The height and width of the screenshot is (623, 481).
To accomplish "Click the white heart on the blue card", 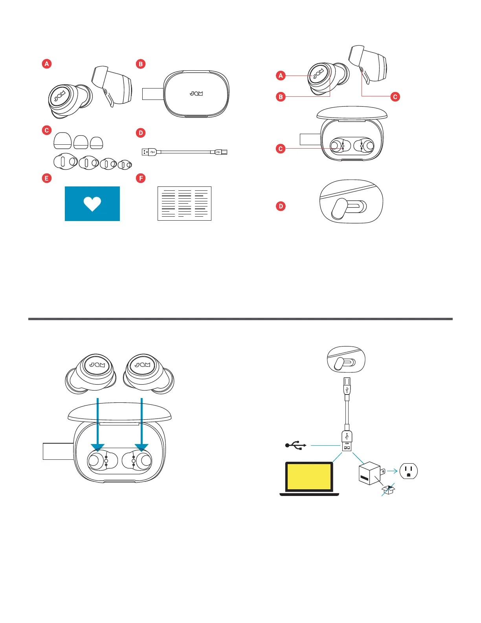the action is [x=92, y=204].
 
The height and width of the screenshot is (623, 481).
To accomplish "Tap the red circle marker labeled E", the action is [x=47, y=178].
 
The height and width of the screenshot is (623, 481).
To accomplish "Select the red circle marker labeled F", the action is [x=140, y=178].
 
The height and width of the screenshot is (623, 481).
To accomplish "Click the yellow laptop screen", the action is [x=309, y=477].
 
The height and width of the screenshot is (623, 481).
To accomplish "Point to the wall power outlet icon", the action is [x=409, y=470].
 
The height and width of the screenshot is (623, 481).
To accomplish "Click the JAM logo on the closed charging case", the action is [x=196, y=94].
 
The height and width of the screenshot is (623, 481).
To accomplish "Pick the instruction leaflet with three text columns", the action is [x=184, y=203].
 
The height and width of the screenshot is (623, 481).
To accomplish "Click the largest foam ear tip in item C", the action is [x=62, y=141].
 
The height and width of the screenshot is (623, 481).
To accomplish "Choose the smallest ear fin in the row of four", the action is [x=125, y=164].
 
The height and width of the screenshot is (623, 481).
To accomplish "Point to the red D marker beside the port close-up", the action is [x=281, y=206].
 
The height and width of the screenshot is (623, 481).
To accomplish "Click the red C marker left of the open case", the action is [x=281, y=149].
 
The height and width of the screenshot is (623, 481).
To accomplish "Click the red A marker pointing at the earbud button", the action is [x=281, y=76].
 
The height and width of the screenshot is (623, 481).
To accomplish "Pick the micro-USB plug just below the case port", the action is [x=347, y=386].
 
